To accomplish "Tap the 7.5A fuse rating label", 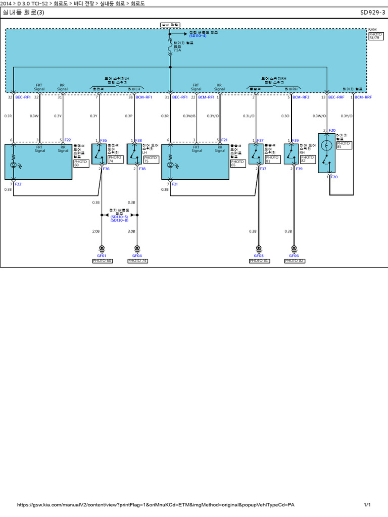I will click(x=177, y=50).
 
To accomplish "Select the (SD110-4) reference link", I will click(x=198, y=36).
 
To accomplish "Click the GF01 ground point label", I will click(x=102, y=255).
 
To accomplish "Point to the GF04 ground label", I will click(x=137, y=255).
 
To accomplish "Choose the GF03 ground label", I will click(x=259, y=255).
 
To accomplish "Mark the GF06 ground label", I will click(x=294, y=255).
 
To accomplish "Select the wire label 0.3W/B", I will click(x=189, y=116).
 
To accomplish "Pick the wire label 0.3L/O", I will click(x=249, y=116).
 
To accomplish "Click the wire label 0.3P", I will click(x=129, y=116).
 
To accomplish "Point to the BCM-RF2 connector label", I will click(x=301, y=96).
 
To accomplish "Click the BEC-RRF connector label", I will click(x=336, y=96).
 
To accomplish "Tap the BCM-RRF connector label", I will click(x=363, y=96).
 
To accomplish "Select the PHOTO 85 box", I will click(x=343, y=145).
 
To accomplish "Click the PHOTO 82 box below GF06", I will click(x=294, y=261).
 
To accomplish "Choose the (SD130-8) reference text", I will click(x=119, y=220).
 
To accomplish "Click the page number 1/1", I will click(x=367, y=505).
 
